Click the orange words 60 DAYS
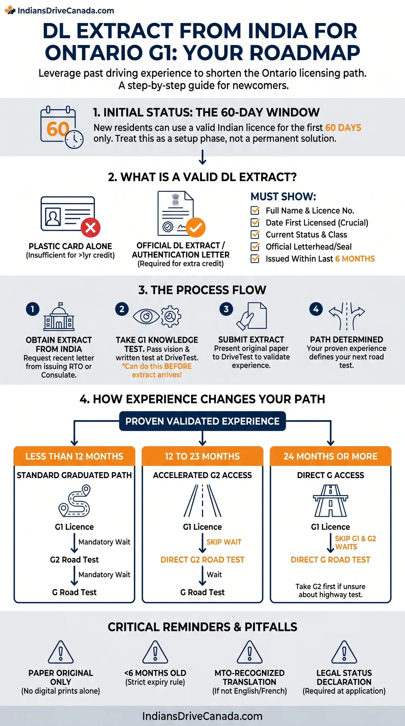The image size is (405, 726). pyautogui.click(x=343, y=128)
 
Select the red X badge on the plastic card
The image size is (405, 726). pyautogui.click(x=90, y=227)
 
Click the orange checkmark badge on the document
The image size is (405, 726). pyautogui.click(x=195, y=227)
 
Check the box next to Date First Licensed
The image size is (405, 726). pyautogui.click(x=255, y=222)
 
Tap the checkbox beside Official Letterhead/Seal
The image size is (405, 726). pyautogui.click(x=255, y=246)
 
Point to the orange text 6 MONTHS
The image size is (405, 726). pyautogui.click(x=355, y=259)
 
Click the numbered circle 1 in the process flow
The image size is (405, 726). pyautogui.click(x=33, y=309)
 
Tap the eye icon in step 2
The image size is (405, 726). pyautogui.click(x=146, y=316)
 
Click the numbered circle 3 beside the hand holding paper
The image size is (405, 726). pyautogui.click(x=226, y=309)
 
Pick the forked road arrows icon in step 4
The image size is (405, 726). pyautogui.click(x=347, y=316)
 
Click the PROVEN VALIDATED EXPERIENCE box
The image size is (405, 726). pyautogui.click(x=202, y=421)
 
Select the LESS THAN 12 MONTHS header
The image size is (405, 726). pyautogui.click(x=74, y=456)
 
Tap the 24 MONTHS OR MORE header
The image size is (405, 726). pyautogui.click(x=331, y=456)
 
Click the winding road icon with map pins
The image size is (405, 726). pyautogui.click(x=74, y=500)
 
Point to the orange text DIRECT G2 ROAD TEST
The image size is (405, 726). pyautogui.click(x=202, y=559)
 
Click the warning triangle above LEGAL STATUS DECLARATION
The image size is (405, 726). pyautogui.click(x=344, y=652)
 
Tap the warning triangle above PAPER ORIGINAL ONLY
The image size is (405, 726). pyautogui.click(x=60, y=652)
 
